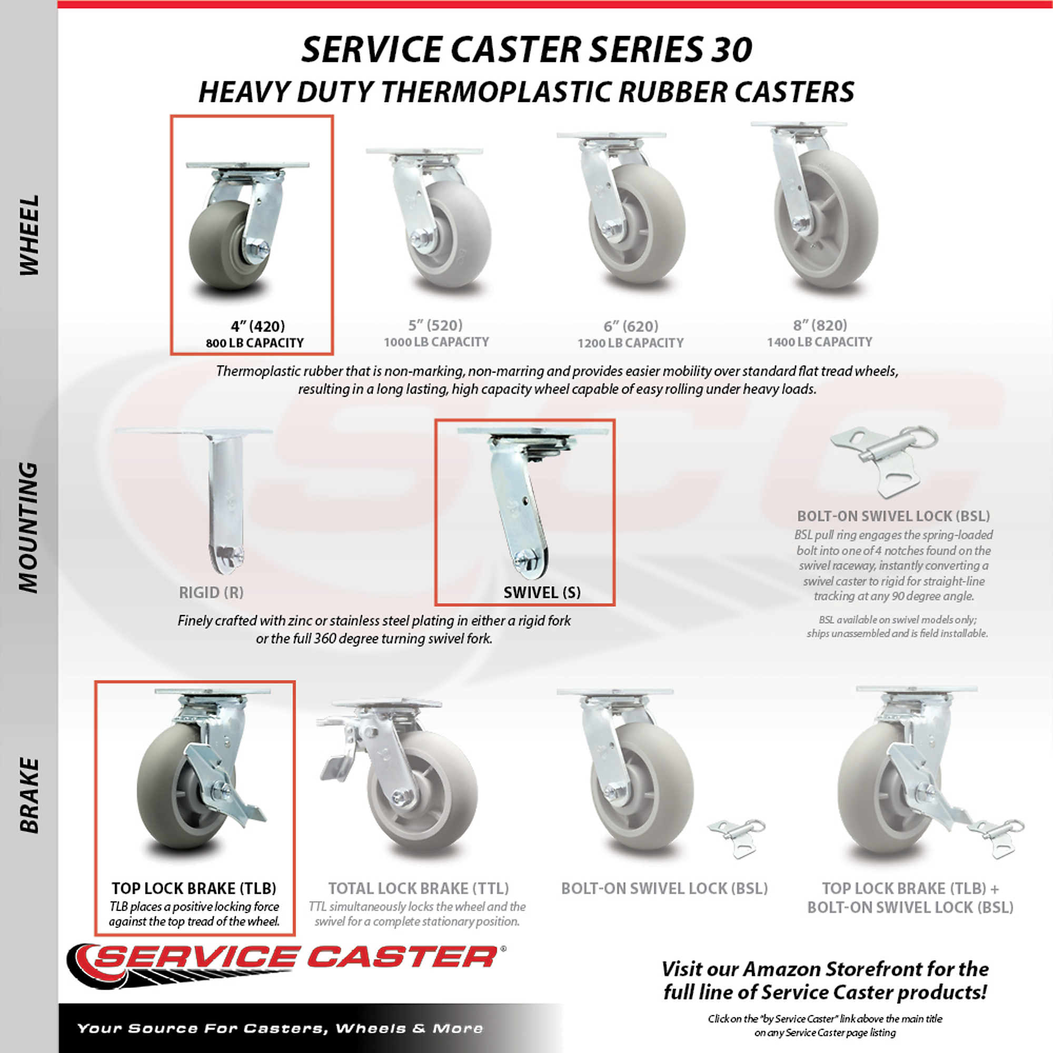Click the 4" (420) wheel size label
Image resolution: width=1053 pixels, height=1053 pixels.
[x=258, y=326]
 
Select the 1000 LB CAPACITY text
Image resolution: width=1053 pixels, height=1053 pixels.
[x=436, y=342]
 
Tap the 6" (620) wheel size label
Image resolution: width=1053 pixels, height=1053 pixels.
[x=631, y=326]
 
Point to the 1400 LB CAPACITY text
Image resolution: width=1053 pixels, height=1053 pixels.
[x=820, y=342]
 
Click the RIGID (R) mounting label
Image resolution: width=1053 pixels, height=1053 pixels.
[x=211, y=592]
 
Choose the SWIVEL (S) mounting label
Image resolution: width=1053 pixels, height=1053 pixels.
[x=542, y=592]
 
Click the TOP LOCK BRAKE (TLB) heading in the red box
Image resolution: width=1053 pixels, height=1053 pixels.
[x=194, y=888]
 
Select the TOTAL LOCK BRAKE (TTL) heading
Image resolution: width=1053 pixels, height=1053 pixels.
[x=418, y=888]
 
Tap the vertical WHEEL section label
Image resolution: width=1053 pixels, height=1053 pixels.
[x=30, y=235]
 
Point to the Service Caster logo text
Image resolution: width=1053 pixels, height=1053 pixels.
[x=294, y=970]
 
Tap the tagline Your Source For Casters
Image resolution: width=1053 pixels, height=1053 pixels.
[x=280, y=1028]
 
